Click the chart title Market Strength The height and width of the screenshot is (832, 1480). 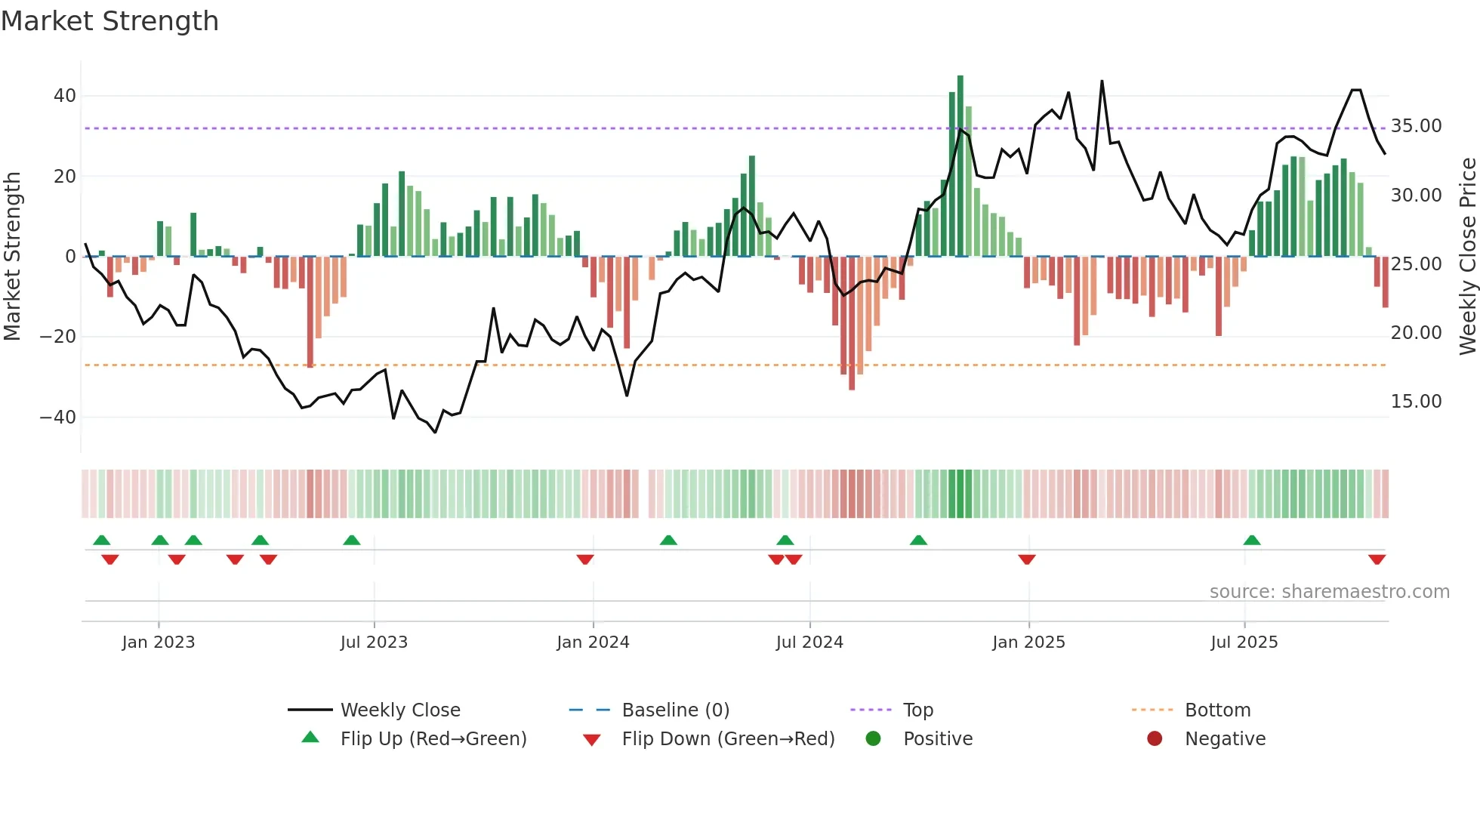coord(109,21)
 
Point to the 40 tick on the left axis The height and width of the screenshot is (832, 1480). coord(65,96)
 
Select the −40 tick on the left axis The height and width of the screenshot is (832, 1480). coord(58,417)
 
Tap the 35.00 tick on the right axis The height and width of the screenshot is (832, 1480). coord(1416,126)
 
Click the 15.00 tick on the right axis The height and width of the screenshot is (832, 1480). coord(1416,402)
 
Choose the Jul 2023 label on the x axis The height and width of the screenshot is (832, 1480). coord(374,642)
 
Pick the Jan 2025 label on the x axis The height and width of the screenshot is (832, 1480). coord(1028,642)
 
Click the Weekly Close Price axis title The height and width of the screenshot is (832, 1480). coord(1467,257)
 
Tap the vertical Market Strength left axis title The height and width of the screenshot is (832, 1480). coord(12,257)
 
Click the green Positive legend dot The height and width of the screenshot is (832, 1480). coord(874,739)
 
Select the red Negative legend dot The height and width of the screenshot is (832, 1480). coord(1155,739)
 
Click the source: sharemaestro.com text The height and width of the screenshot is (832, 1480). coord(1329,592)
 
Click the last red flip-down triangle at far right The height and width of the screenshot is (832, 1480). coord(1377,559)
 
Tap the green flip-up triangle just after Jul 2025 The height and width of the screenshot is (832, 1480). coord(1252,540)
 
